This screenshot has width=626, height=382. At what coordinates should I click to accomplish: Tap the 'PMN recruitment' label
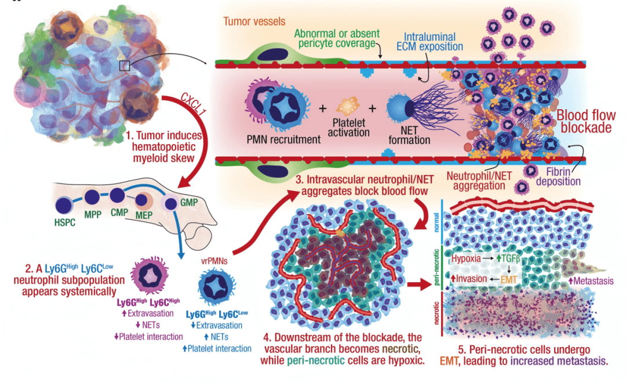coord(283,139)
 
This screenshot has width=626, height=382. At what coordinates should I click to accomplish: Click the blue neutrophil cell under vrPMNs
coord(214,289)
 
